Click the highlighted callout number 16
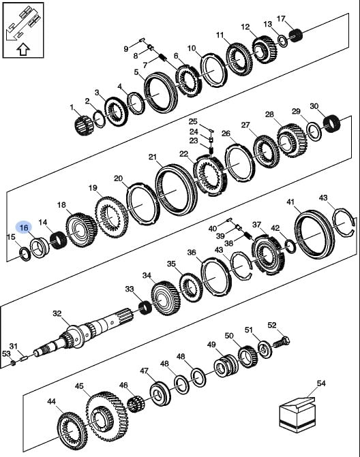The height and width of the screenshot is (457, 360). pos(25,227)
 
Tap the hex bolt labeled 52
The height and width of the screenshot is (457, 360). pos(281,341)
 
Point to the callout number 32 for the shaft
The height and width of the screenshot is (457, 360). pos(57,313)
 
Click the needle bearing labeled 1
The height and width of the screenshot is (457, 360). pos(84,125)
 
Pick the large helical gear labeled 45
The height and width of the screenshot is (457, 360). pos(106,417)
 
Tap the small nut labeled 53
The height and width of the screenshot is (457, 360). pos(13,363)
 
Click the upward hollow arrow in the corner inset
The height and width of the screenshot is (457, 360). pos(23,50)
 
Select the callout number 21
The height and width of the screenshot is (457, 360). pos(153,157)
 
